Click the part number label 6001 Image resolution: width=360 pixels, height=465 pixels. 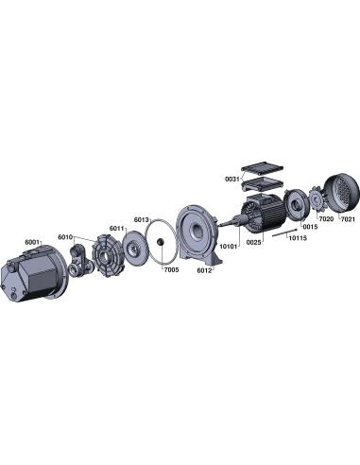click(x=33, y=242)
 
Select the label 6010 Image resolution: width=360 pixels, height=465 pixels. click(x=65, y=237)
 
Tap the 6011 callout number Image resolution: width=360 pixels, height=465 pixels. click(x=117, y=228)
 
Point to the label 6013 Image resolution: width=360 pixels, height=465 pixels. click(x=142, y=219)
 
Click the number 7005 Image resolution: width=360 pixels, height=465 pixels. click(x=171, y=269)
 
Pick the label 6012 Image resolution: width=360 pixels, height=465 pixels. click(x=205, y=270)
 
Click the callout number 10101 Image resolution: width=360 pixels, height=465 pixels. click(x=228, y=247)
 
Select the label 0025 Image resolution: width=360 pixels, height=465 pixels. click(x=253, y=243)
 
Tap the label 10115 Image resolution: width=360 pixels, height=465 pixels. click(x=298, y=238)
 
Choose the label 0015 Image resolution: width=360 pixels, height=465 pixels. click(x=310, y=227)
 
